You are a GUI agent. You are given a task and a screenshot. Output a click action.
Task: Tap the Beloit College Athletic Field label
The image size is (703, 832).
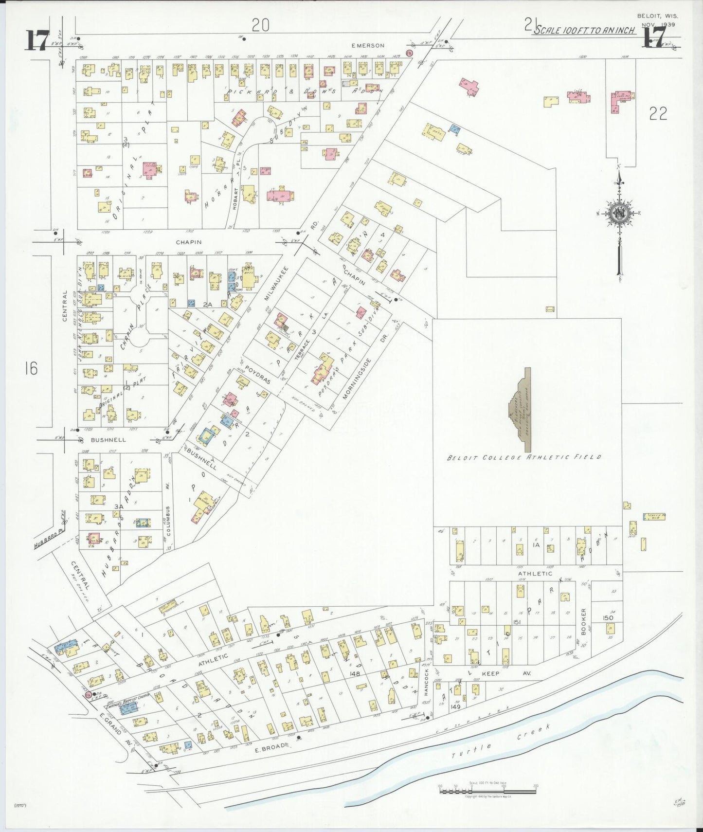(524, 457)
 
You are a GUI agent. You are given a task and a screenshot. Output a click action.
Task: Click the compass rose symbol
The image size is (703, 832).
(619, 214)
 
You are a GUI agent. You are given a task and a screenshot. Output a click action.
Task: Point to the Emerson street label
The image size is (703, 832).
(368, 45)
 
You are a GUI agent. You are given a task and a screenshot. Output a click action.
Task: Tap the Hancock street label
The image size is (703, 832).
(427, 682)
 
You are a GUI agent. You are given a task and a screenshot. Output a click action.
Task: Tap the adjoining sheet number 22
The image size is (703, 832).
(658, 113)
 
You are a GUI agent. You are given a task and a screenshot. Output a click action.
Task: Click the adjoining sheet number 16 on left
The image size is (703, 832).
(31, 368)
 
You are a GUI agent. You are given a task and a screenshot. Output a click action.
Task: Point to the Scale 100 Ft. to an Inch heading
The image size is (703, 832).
(583, 30)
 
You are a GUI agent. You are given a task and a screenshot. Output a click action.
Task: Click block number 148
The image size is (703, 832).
(354, 673)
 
